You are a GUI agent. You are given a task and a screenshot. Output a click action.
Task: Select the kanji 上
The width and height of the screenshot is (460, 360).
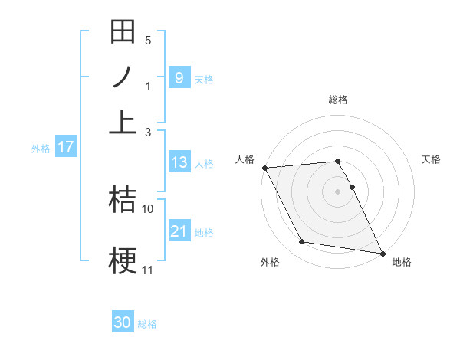point(123,121)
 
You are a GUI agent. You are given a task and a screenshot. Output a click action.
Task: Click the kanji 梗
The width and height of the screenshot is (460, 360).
point(123,258)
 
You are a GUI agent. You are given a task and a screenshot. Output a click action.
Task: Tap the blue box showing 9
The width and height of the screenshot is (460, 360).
point(179,77)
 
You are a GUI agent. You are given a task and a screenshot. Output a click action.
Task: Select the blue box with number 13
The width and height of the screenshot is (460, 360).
point(179,162)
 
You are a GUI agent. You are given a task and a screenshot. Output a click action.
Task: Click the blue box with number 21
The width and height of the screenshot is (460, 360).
point(179,231)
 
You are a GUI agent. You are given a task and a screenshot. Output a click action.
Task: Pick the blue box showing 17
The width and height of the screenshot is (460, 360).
point(66,147)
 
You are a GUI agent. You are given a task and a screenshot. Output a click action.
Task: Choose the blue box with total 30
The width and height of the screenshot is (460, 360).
point(123,322)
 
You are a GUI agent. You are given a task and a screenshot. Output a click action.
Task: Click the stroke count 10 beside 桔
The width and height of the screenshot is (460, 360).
point(148,208)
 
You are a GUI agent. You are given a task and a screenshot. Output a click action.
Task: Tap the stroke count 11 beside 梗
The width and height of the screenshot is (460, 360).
point(148,270)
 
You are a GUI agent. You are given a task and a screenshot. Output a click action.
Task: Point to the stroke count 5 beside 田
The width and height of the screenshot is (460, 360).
point(148,40)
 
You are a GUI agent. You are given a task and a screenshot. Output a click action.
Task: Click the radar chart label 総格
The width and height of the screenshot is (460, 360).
point(337,100)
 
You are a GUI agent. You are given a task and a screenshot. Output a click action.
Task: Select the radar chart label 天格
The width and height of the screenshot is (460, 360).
point(432,159)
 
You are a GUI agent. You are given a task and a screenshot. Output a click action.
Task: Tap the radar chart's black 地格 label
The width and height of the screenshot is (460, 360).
point(402,262)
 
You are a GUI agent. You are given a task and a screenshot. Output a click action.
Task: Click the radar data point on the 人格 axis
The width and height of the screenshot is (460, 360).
point(264,168)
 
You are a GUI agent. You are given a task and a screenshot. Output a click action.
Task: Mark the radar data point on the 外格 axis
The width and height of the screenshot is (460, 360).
point(301,242)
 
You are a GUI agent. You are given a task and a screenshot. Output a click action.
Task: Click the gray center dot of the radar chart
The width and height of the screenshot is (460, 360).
point(337,191)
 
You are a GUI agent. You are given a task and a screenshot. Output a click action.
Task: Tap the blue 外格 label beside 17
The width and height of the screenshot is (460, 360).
point(40,149)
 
